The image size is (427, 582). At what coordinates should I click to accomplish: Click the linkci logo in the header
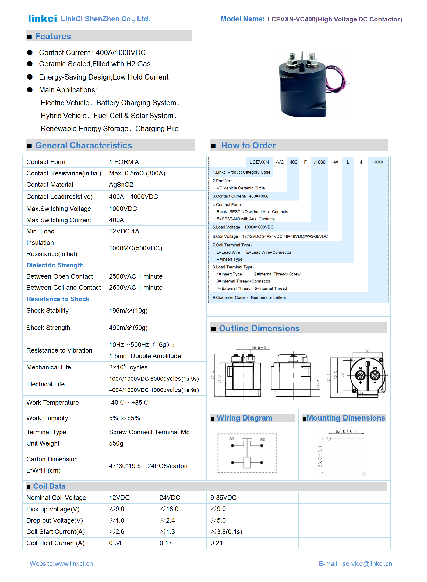pos(42,19)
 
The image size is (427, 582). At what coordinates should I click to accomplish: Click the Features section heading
pos(53,36)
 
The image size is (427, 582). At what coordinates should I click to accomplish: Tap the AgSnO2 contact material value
pos(121,185)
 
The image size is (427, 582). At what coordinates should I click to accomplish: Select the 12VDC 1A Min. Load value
pos(124,231)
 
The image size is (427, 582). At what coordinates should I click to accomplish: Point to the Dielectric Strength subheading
pos(55,265)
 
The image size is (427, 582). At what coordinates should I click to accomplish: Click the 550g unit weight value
pos(116,443)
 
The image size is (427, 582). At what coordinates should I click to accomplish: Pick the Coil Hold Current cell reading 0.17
pos(165,543)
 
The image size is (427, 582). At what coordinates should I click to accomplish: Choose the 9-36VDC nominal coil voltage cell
pos(223,498)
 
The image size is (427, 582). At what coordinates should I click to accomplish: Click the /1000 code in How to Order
pos(319,162)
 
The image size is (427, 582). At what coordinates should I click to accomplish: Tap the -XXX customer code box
pos(378,162)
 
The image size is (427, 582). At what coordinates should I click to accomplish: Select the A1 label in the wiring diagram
pos(231,439)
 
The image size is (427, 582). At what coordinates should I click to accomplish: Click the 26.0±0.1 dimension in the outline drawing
pos(260,348)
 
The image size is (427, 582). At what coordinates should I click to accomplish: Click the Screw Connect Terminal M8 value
pos(149,432)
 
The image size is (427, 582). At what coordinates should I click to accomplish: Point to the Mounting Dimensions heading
pos(346,418)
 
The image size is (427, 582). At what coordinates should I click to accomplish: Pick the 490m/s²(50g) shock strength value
pos(128,328)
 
